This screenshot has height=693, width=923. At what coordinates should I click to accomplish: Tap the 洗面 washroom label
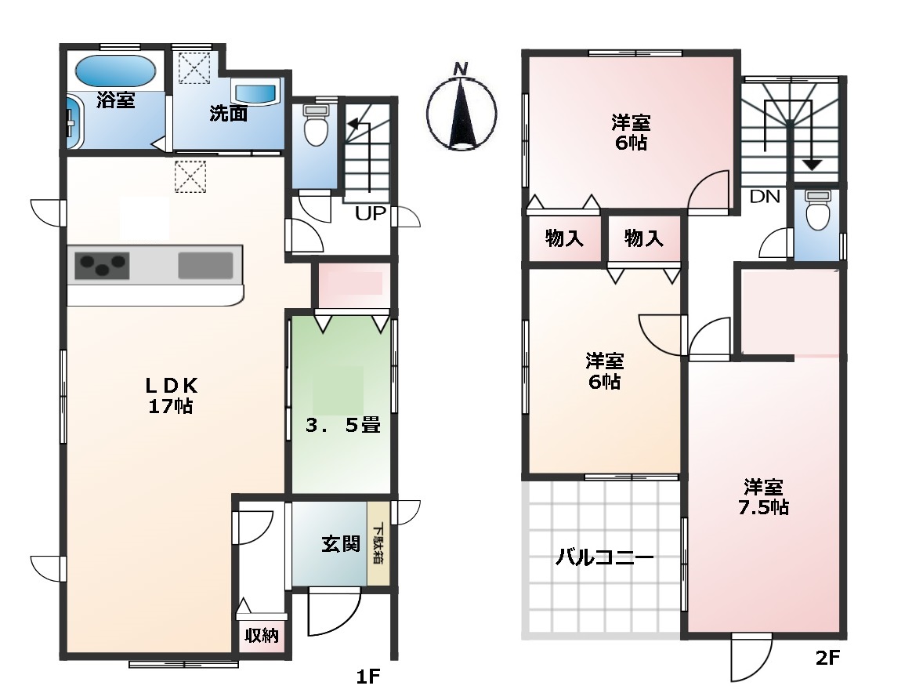(228, 112)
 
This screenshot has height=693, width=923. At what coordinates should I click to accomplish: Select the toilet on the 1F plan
(316, 125)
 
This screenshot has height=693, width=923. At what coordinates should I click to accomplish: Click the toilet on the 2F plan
(817, 209)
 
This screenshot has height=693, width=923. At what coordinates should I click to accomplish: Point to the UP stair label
(371, 213)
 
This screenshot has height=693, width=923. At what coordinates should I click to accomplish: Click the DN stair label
(765, 196)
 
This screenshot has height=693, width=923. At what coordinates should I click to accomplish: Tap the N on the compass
(461, 68)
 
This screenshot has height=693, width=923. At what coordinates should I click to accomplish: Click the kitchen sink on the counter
(205, 265)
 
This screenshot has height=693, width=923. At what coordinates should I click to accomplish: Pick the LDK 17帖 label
(171, 396)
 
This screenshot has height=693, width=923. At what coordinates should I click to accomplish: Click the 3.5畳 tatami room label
(343, 425)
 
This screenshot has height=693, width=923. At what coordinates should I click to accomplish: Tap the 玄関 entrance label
(341, 542)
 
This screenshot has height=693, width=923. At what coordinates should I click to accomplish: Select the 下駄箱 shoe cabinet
(378, 542)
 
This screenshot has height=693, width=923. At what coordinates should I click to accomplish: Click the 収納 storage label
(262, 635)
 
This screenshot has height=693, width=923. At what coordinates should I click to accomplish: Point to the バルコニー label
(605, 557)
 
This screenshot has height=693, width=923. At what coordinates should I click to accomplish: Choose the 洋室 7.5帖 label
(763, 497)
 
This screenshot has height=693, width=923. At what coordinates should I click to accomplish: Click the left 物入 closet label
(564, 238)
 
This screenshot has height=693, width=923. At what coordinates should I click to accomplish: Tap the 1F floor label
(368, 677)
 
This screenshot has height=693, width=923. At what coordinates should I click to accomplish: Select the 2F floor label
(827, 658)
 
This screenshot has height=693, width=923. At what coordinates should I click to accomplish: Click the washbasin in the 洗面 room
(255, 94)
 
